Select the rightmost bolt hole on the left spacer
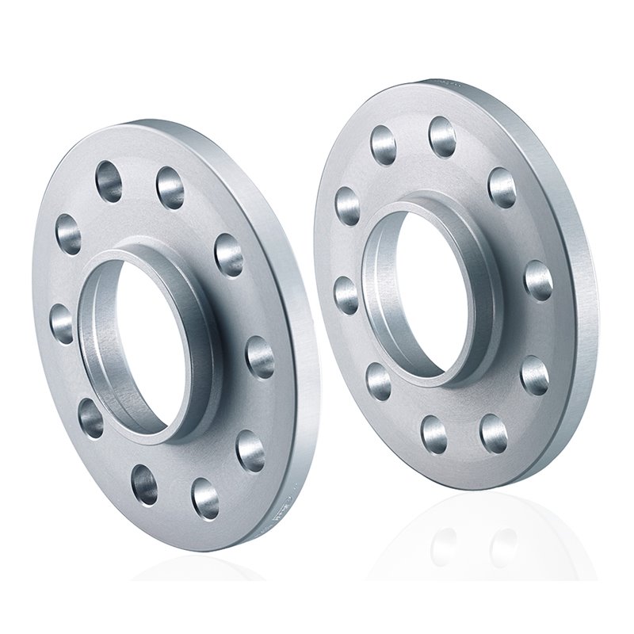click(x=259, y=357)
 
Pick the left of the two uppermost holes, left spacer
click(x=109, y=181)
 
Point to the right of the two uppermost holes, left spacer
click(x=170, y=187)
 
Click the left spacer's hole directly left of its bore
click(x=62, y=323)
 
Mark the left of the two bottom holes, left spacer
click(x=144, y=484)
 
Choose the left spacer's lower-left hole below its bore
click(x=90, y=417)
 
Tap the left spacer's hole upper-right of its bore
click(x=228, y=254)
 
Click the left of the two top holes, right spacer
click(x=384, y=144)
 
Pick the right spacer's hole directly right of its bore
click(x=538, y=279)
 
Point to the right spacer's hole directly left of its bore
click(x=346, y=293)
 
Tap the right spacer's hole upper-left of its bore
click(x=347, y=205)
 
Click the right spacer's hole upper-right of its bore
click(x=502, y=187)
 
